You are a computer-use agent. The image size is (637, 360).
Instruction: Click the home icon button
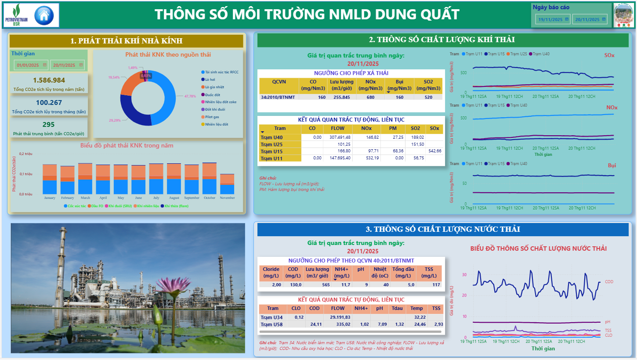(43, 15)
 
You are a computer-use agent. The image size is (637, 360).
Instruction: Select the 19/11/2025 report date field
(553, 19)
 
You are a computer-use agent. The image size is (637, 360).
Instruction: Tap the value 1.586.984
(49, 80)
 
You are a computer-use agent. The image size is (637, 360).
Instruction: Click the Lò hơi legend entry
(210, 79)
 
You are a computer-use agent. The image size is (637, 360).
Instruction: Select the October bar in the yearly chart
(209, 178)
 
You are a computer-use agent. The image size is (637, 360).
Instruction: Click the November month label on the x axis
(227, 198)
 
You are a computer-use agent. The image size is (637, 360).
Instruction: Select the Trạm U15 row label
(271, 151)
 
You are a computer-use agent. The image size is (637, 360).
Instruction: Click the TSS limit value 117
(436, 284)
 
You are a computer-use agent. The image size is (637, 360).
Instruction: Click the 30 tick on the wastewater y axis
(464, 275)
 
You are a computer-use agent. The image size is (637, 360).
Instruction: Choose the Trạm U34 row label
(271, 317)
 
